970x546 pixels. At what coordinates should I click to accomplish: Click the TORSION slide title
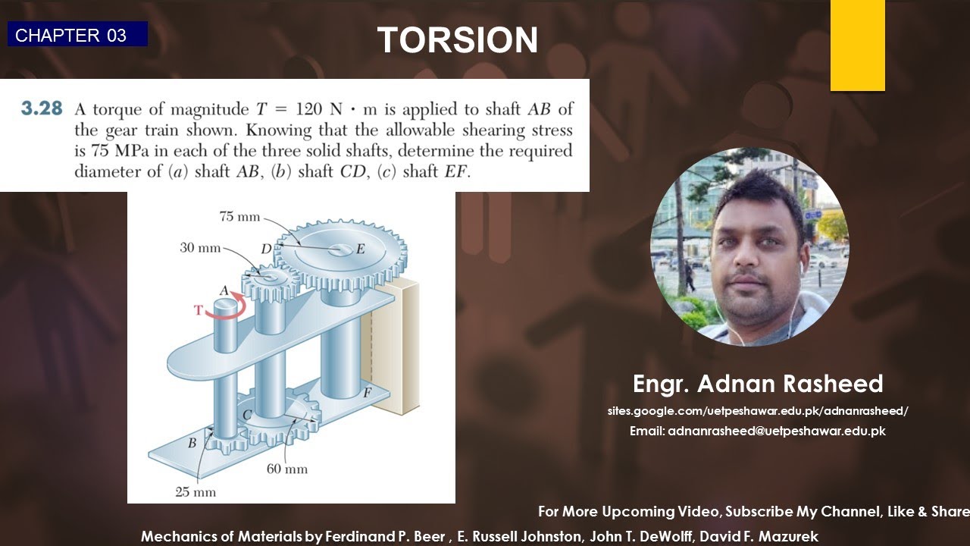pos(458,40)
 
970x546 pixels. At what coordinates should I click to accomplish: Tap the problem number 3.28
pos(42,108)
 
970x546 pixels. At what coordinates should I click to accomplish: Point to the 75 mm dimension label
pos(239,217)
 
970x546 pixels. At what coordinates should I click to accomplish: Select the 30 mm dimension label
pos(200,248)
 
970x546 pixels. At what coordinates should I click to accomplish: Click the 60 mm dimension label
pos(287,469)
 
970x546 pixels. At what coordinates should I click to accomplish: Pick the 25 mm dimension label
pos(196,492)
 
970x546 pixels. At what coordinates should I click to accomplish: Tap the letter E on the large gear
pos(360,249)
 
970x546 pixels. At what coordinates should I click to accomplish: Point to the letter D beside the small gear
pos(266,249)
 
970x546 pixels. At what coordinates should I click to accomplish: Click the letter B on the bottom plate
pos(192,442)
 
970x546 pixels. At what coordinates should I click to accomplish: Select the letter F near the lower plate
pos(367,392)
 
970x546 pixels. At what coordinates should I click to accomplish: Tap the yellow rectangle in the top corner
pos(857,45)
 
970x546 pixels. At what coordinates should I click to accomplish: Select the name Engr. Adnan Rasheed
pos(758,384)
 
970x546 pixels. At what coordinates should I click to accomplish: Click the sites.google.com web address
pos(758,411)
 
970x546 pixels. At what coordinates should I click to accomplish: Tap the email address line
pos(758,431)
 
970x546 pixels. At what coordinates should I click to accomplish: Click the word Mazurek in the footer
pos(788,536)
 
